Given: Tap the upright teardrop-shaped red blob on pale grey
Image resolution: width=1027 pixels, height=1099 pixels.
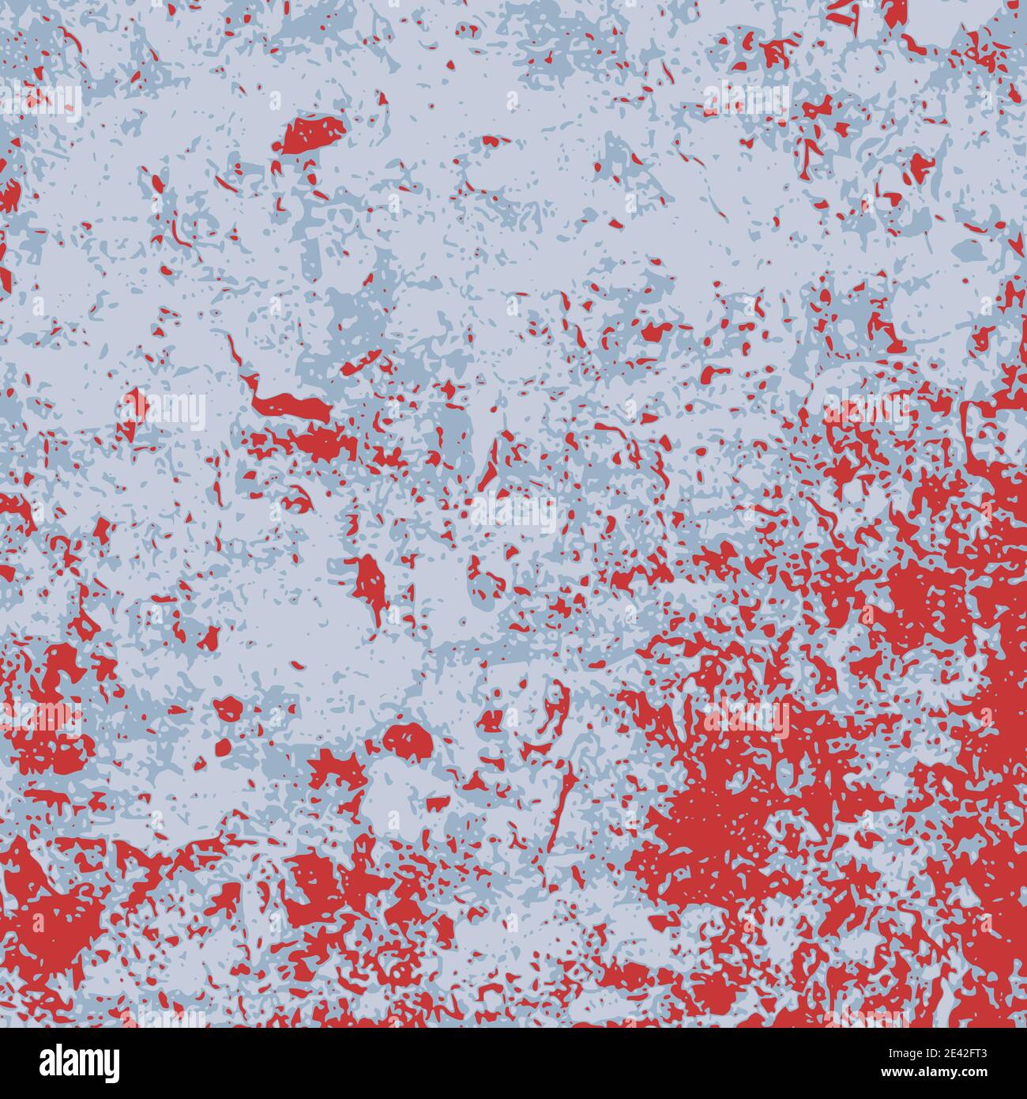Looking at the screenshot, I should coord(367,582).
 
